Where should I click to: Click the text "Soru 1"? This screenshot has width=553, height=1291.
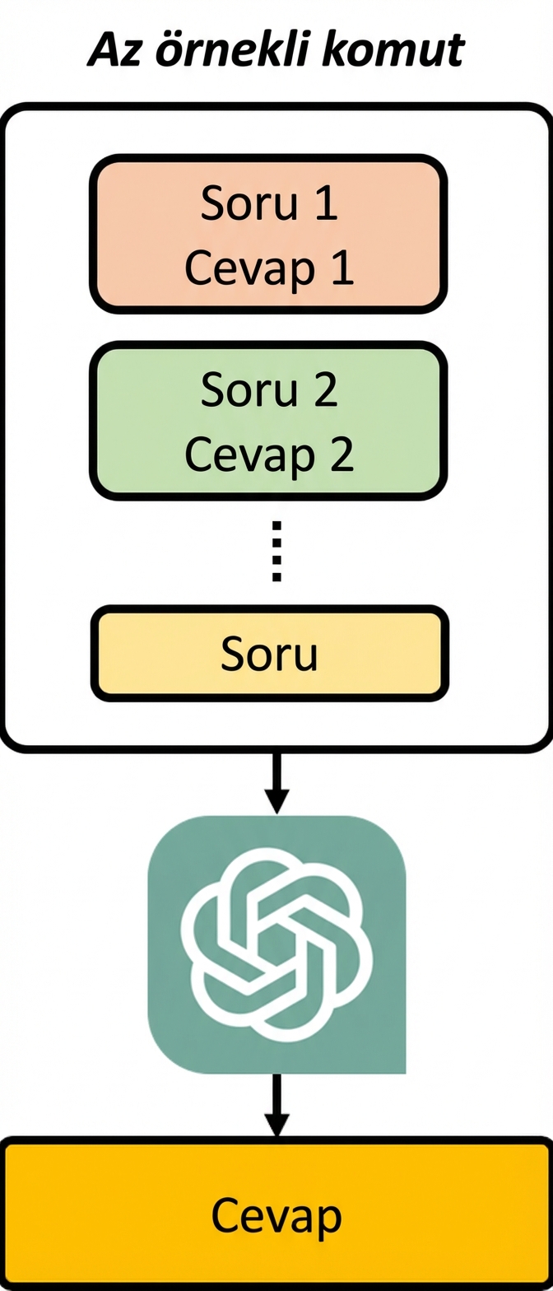(x=269, y=203)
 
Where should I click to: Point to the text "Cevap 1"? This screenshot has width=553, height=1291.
(x=269, y=268)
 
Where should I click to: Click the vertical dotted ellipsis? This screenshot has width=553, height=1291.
(x=276, y=551)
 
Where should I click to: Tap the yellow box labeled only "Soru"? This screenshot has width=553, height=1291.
(x=269, y=654)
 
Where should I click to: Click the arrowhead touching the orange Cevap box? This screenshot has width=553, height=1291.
(x=276, y=1125)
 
